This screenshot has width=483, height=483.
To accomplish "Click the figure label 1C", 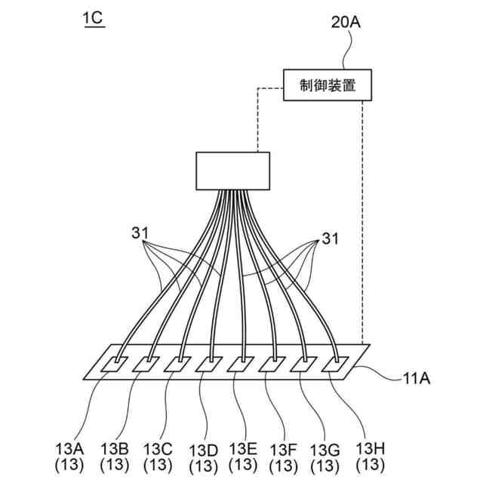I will click(94, 18).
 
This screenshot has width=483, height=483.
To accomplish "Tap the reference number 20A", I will click(346, 22).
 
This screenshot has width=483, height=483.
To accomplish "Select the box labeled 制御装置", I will click(328, 86).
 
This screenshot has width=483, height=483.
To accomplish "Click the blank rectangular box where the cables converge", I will click(232, 171).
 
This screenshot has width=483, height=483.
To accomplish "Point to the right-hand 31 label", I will click(330, 239).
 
